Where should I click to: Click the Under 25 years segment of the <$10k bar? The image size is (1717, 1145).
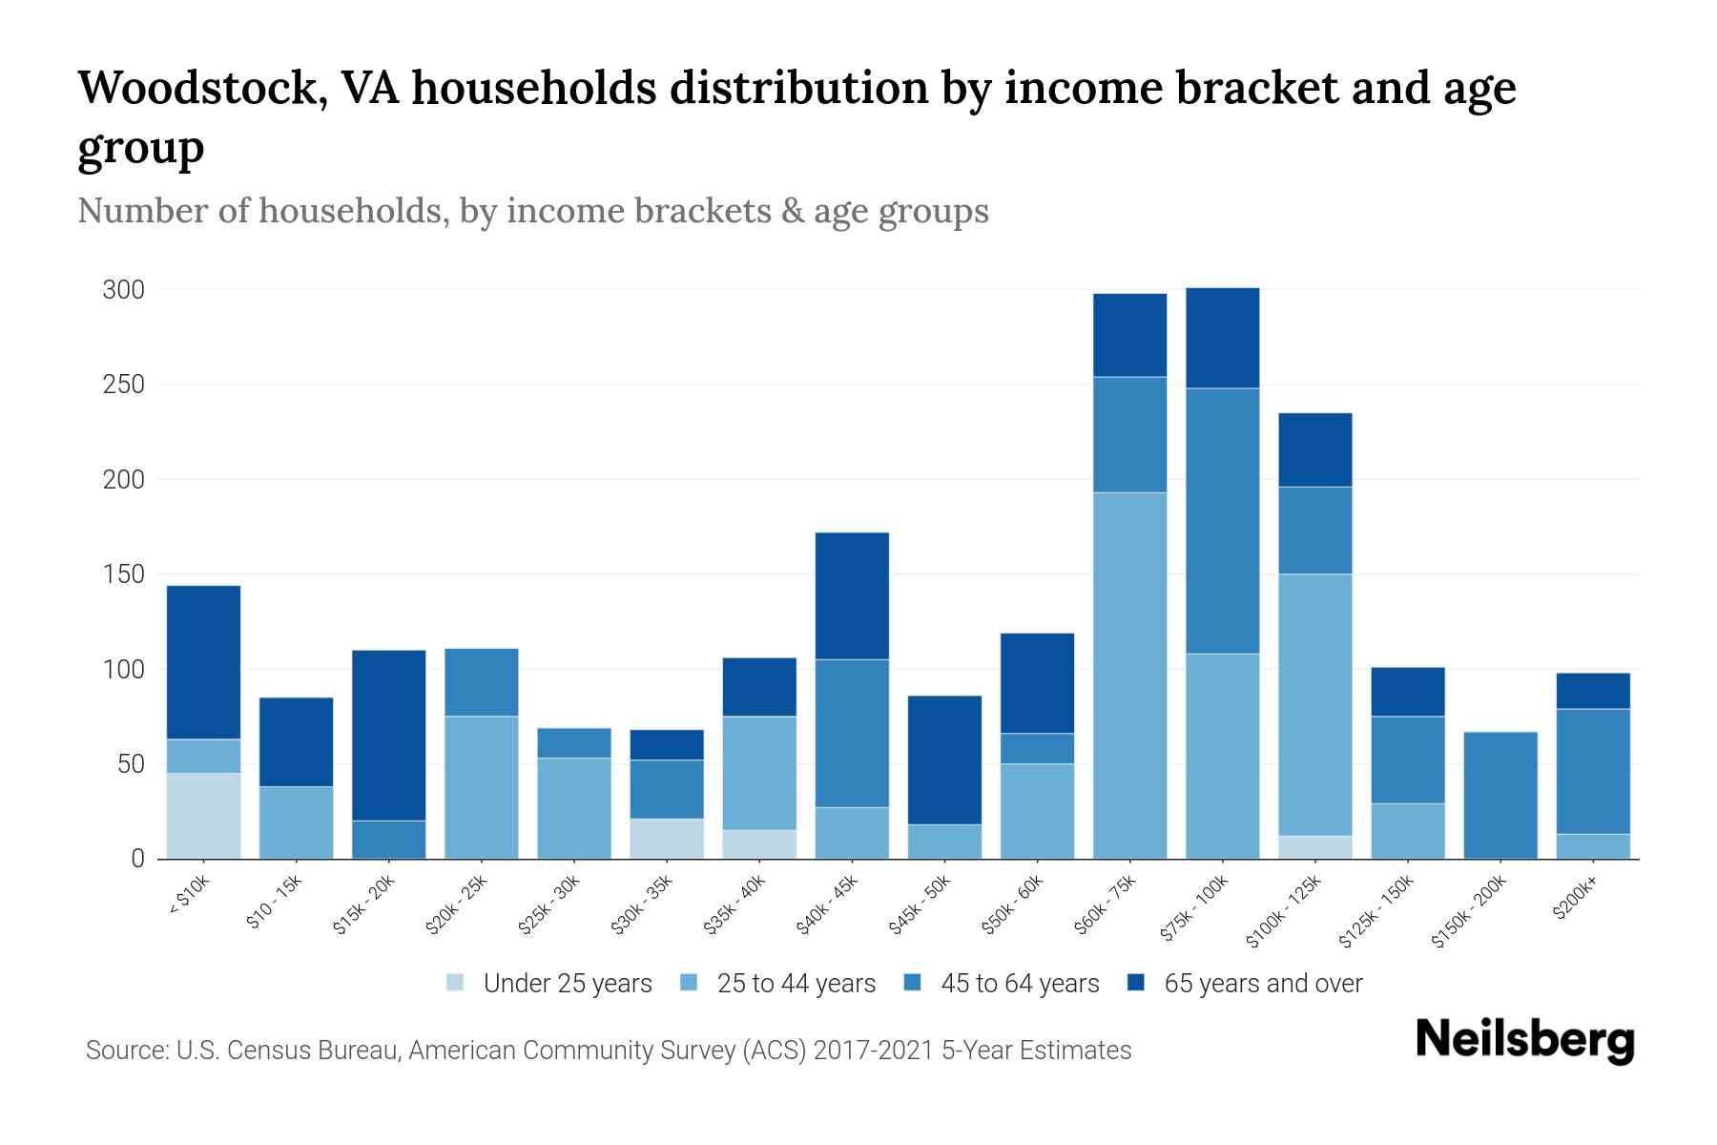click(x=203, y=816)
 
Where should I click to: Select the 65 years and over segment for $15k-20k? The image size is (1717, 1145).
click(x=388, y=735)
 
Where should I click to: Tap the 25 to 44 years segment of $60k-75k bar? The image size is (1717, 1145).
click(x=1129, y=676)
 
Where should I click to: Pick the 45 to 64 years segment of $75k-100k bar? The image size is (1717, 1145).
click(x=1222, y=521)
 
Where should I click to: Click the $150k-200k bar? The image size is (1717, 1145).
click(x=1500, y=795)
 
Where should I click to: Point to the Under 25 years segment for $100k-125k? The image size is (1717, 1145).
click(x=1314, y=847)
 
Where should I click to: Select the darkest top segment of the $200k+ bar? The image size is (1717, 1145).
click(x=1592, y=691)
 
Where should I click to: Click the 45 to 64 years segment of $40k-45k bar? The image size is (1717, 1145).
click(x=852, y=733)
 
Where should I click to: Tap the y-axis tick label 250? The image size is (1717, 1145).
click(x=124, y=385)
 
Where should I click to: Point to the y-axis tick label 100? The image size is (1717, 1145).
click(x=124, y=670)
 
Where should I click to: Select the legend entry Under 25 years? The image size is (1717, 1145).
click(x=567, y=984)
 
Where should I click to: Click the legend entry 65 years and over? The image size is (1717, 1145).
click(x=1262, y=984)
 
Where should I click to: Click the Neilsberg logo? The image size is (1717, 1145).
click(x=1524, y=1040)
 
